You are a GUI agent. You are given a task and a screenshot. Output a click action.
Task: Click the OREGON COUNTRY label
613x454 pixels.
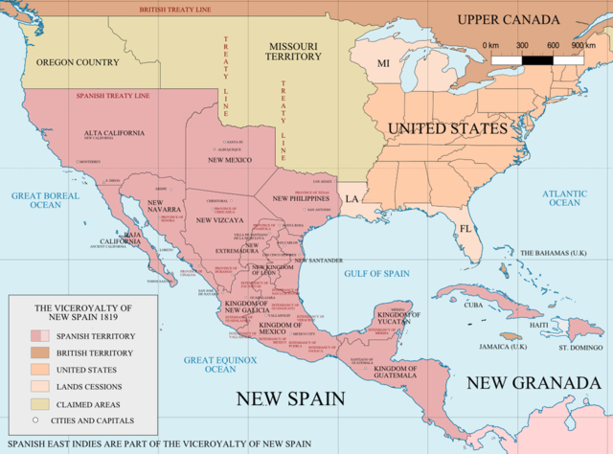[x=78, y=62]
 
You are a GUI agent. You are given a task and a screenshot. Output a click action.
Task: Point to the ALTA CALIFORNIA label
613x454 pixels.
[x=114, y=131]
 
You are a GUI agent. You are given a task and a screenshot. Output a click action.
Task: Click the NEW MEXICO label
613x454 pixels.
[x=229, y=160]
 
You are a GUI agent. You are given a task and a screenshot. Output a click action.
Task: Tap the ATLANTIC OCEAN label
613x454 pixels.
[x=564, y=197]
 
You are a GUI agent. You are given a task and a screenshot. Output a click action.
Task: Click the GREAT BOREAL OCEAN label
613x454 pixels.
[x=43, y=200]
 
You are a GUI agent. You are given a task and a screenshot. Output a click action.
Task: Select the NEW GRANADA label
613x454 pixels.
[x=533, y=383]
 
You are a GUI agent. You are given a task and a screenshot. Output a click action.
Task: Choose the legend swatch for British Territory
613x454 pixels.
[x=40, y=353]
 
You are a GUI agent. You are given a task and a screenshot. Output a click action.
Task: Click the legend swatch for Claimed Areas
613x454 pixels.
[x=40, y=403]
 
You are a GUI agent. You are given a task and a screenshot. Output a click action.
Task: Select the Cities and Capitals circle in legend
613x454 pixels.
[x=36, y=420]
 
